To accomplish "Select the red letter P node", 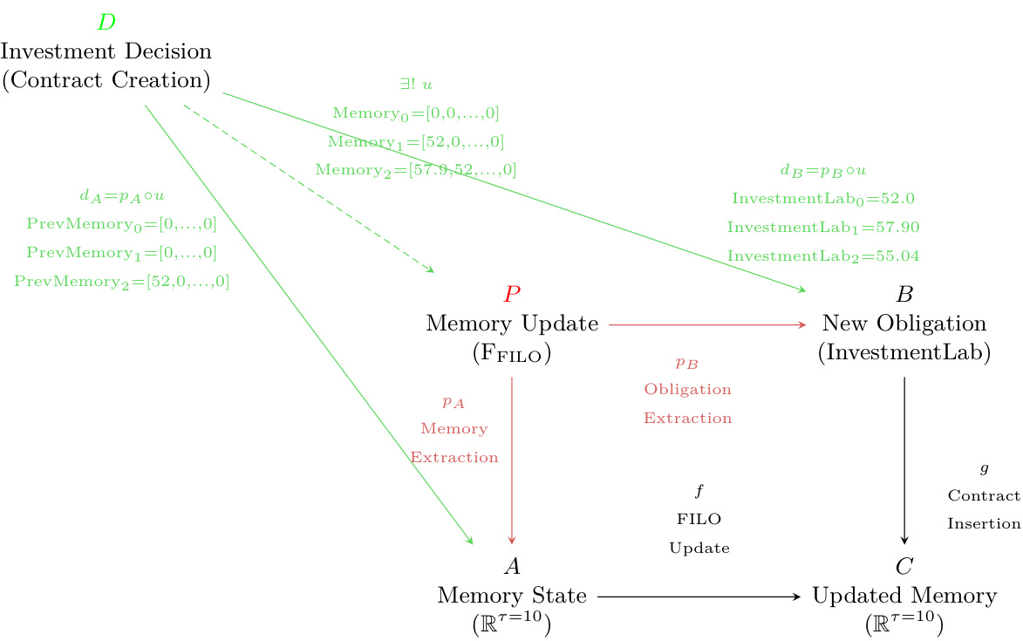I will [512, 294].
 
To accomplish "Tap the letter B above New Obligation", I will [904, 294].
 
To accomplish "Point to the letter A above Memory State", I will [512, 567].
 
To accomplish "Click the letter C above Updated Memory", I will [904, 567].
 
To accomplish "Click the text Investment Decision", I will [106, 51].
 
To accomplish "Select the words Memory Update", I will [512, 324].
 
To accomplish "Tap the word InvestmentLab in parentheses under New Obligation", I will [904, 353].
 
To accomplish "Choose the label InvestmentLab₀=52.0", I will [823, 199].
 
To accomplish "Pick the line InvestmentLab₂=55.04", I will [823, 256].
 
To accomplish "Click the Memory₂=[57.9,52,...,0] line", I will [416, 170].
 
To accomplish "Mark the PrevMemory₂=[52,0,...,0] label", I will [122, 282].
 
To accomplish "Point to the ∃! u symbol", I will [416, 85].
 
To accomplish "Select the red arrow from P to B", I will [706, 324].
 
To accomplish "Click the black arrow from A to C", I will [698, 597].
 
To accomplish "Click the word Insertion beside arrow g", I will [984, 524].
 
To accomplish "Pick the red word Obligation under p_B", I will [688, 390].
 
